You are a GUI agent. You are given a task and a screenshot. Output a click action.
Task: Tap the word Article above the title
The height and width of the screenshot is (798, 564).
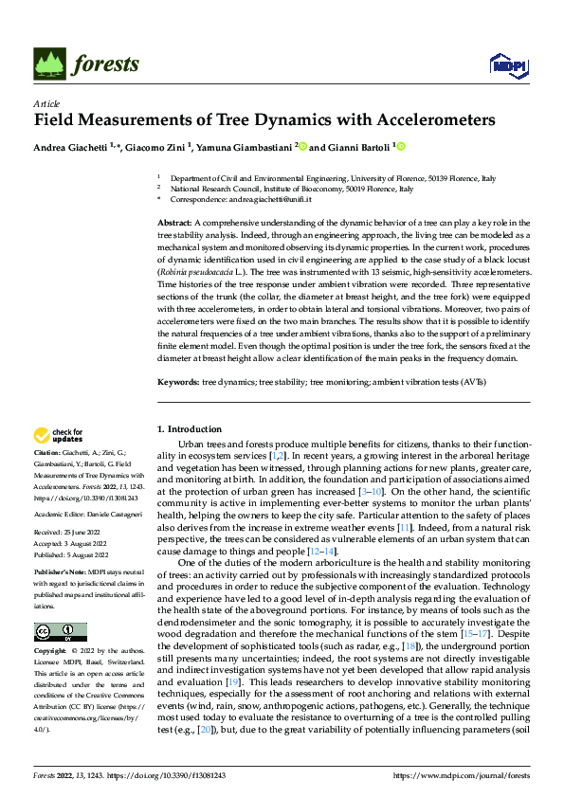[46, 103]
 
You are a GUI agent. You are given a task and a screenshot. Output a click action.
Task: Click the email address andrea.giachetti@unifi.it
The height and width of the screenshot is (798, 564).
[255, 200]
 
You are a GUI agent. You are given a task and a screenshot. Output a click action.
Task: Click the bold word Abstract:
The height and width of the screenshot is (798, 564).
[175, 221]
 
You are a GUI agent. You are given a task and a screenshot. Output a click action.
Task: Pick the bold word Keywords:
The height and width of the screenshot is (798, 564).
[177, 382]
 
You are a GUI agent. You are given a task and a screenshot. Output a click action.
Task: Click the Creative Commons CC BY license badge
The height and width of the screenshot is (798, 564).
[60, 632]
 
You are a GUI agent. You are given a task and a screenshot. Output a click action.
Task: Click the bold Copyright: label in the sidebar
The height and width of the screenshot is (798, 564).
[52, 652]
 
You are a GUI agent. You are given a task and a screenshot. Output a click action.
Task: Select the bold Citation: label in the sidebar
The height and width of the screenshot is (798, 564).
[49, 455]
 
